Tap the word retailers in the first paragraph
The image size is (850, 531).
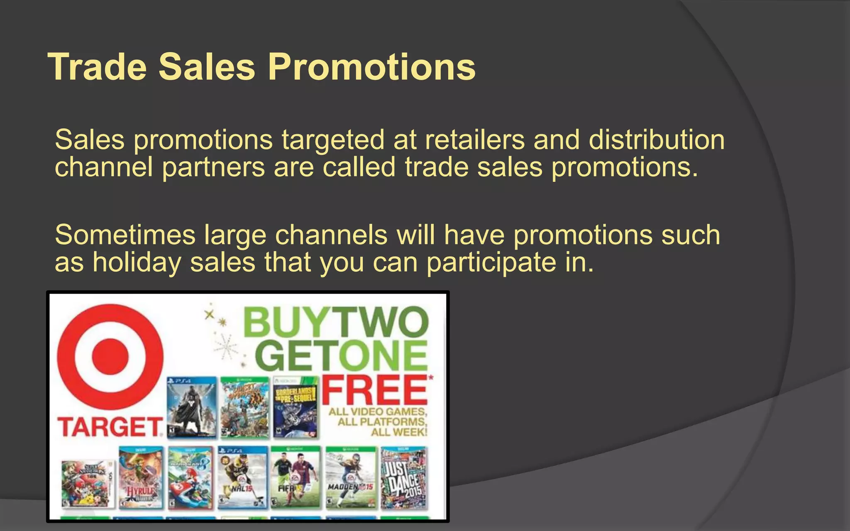[475, 140]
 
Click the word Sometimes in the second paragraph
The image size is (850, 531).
[125, 235]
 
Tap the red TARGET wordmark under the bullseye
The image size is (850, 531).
[110, 427]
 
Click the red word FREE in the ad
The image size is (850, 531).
[375, 390]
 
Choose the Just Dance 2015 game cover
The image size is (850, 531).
[403, 478]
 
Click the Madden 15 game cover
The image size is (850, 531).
[351, 478]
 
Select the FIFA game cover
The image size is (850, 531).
[296, 478]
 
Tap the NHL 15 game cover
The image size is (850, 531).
[242, 478]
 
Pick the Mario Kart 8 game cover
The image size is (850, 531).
[190, 478]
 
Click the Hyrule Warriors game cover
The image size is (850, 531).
[140, 478]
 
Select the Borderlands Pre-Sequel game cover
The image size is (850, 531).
[296, 407]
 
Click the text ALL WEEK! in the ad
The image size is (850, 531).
[399, 432]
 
